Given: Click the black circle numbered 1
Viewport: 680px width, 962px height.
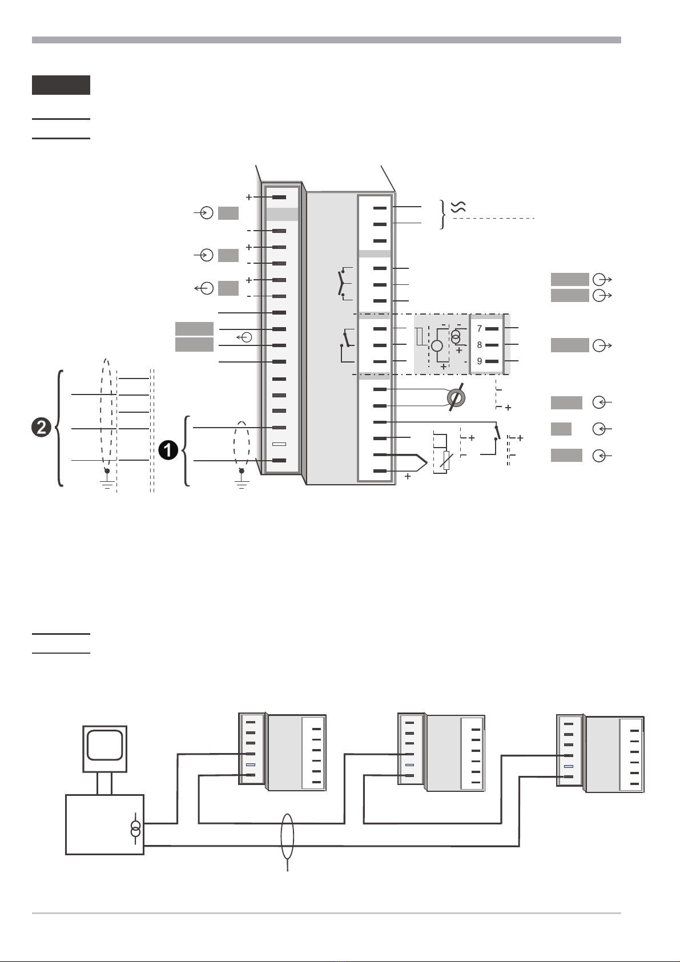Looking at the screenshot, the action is (168, 450).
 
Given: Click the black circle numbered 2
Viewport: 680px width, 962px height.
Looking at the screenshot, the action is (41, 427).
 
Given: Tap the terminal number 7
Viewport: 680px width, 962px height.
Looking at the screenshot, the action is (480, 328).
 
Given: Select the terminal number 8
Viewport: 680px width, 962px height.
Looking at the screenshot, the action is (480, 345).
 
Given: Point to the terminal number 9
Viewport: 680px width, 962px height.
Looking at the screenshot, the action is (480, 361).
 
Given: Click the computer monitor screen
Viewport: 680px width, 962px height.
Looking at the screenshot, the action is (105, 745).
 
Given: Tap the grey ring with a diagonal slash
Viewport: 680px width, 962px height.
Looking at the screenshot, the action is (456, 397).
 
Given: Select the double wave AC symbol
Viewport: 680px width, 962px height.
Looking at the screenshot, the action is (458, 207).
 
